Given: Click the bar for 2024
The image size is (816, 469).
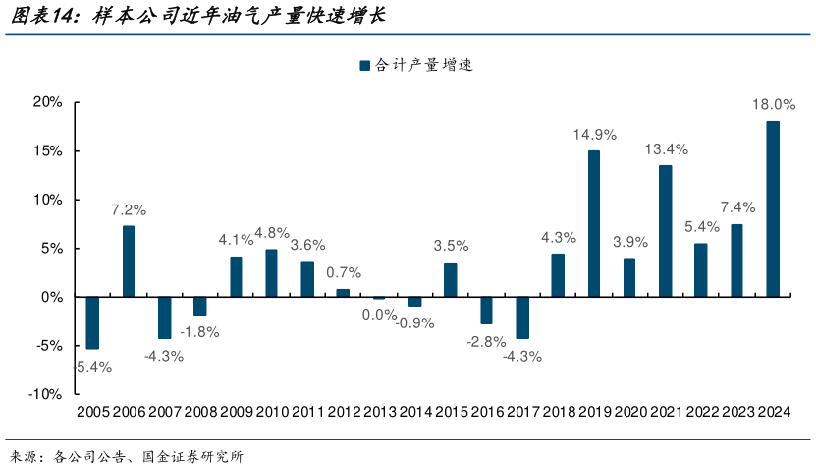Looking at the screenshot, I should (773, 208).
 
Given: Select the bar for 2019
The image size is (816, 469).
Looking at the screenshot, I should (594, 223).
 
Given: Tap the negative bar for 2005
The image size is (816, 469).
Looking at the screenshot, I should (92, 322).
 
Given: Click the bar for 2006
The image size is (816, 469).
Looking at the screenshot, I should (129, 262).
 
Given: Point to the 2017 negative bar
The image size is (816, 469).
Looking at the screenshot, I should (522, 318).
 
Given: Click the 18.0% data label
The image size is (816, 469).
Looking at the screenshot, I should (773, 105).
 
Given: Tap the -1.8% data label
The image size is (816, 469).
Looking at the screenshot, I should (199, 332).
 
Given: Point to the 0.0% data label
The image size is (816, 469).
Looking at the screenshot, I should (378, 314).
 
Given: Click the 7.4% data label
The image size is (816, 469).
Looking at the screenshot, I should (736, 207).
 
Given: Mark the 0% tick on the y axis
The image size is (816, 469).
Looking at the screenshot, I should (52, 297).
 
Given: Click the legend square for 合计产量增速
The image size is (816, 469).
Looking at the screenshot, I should (365, 66).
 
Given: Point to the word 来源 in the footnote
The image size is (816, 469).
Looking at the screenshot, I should (24, 456).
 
